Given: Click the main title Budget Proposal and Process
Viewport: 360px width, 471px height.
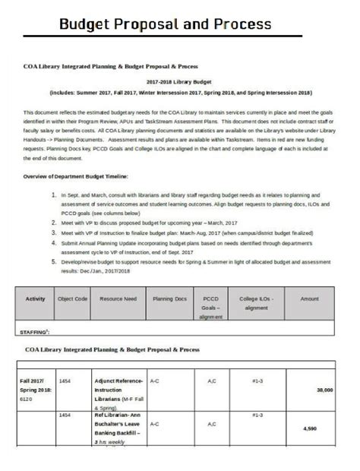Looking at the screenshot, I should click(165, 24).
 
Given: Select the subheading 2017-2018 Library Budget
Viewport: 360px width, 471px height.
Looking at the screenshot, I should click(180, 80).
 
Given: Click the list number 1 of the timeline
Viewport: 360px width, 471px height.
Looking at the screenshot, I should click(54, 194).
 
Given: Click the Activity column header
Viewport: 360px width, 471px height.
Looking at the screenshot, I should click(36, 299).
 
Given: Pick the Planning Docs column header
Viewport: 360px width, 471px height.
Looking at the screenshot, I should click(169, 299).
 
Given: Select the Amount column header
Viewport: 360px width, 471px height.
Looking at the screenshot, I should click(309, 299).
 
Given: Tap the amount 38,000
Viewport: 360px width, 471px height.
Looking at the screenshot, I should click(324, 390).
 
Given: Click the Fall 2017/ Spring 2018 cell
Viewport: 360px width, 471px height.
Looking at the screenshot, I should click(33, 388).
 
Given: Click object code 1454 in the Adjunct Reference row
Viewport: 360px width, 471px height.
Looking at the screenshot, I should click(65, 380).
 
